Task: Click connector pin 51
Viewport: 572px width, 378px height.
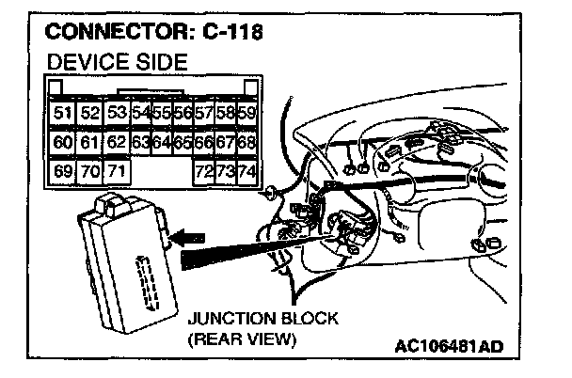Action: tap(62, 113)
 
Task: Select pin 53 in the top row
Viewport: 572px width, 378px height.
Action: tap(117, 113)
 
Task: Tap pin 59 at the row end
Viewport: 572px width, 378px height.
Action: tap(246, 113)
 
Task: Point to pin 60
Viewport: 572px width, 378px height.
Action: tap(62, 143)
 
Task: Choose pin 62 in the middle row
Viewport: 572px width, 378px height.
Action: tap(117, 143)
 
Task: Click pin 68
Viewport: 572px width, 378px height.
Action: tap(246, 143)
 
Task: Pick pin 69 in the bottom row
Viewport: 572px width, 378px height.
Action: tap(62, 173)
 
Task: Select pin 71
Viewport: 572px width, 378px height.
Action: tap(117, 173)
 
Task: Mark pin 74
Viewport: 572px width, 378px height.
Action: tap(246, 173)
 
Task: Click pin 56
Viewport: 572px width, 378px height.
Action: tap(183, 113)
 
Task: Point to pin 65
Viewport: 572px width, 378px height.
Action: tap(183, 143)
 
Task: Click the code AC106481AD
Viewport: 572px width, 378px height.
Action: tap(450, 346)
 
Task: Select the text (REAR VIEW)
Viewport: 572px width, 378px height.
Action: tap(243, 339)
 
